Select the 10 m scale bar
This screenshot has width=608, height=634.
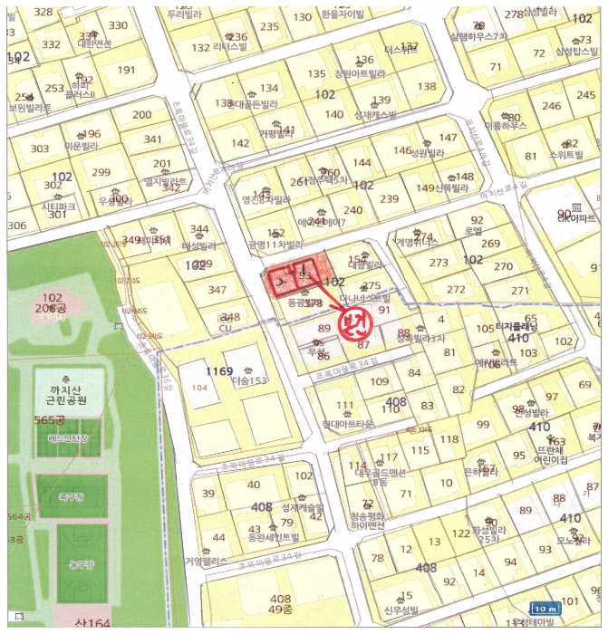[544, 609]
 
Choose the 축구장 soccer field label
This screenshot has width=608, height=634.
[72, 497]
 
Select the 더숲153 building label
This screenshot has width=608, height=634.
[250, 382]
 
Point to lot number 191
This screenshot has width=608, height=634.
[126, 70]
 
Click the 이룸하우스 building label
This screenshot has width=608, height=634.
[506, 127]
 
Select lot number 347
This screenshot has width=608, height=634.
[217, 290]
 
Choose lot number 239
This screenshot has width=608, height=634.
[390, 198]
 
